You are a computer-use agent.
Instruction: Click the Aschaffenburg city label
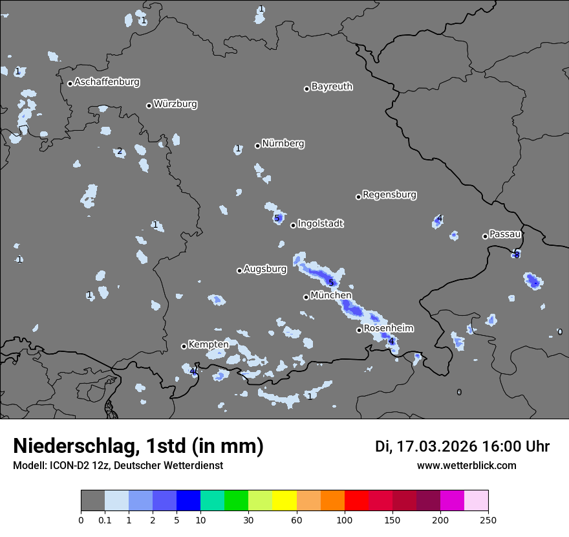tap(107, 82)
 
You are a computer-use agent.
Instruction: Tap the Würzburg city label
tap(175, 104)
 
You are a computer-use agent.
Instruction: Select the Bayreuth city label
tap(332, 87)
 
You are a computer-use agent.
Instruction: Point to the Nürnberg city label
tap(283, 144)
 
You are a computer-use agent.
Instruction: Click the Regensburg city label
tap(389, 195)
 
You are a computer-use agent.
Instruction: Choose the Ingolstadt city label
tap(320, 224)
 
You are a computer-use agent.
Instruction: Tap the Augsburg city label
tap(265, 269)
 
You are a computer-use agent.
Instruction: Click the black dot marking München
tap(306, 297)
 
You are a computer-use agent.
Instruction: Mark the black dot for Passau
tap(485, 236)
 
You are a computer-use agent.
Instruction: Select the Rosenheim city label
tap(388, 329)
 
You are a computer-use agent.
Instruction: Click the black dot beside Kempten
tap(184, 346)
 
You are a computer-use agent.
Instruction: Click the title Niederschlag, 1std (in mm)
tap(138, 446)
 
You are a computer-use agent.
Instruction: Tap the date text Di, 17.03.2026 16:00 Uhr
tap(462, 446)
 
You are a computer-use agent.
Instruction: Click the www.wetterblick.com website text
tap(466, 466)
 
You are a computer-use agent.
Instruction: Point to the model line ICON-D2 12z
tap(118, 466)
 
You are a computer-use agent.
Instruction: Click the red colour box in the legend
tap(356, 501)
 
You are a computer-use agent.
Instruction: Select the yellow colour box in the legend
tap(284, 501)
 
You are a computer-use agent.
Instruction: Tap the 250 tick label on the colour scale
tap(488, 520)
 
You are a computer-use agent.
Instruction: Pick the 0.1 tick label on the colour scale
tap(105, 520)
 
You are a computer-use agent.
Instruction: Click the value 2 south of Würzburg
tap(119, 152)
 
